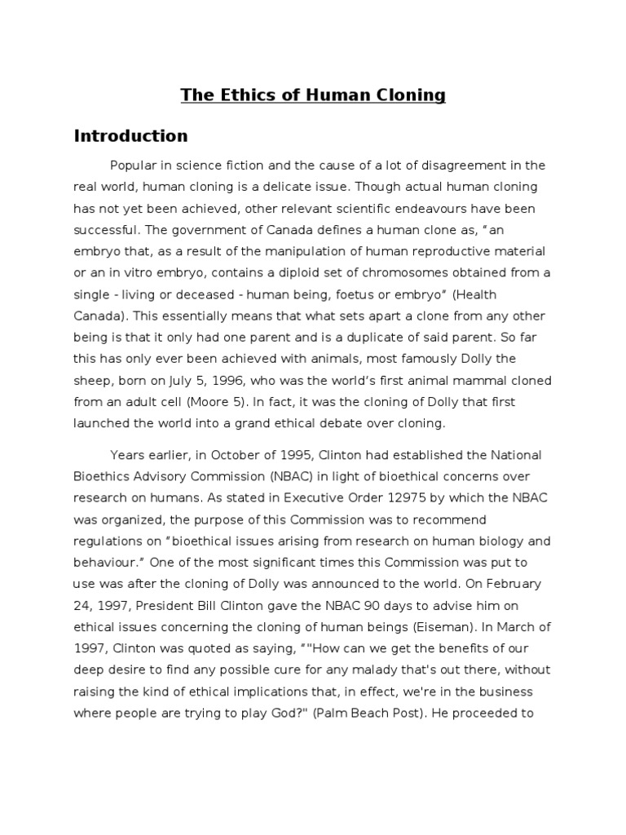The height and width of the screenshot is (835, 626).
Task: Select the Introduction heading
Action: pyautogui.click(x=130, y=135)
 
